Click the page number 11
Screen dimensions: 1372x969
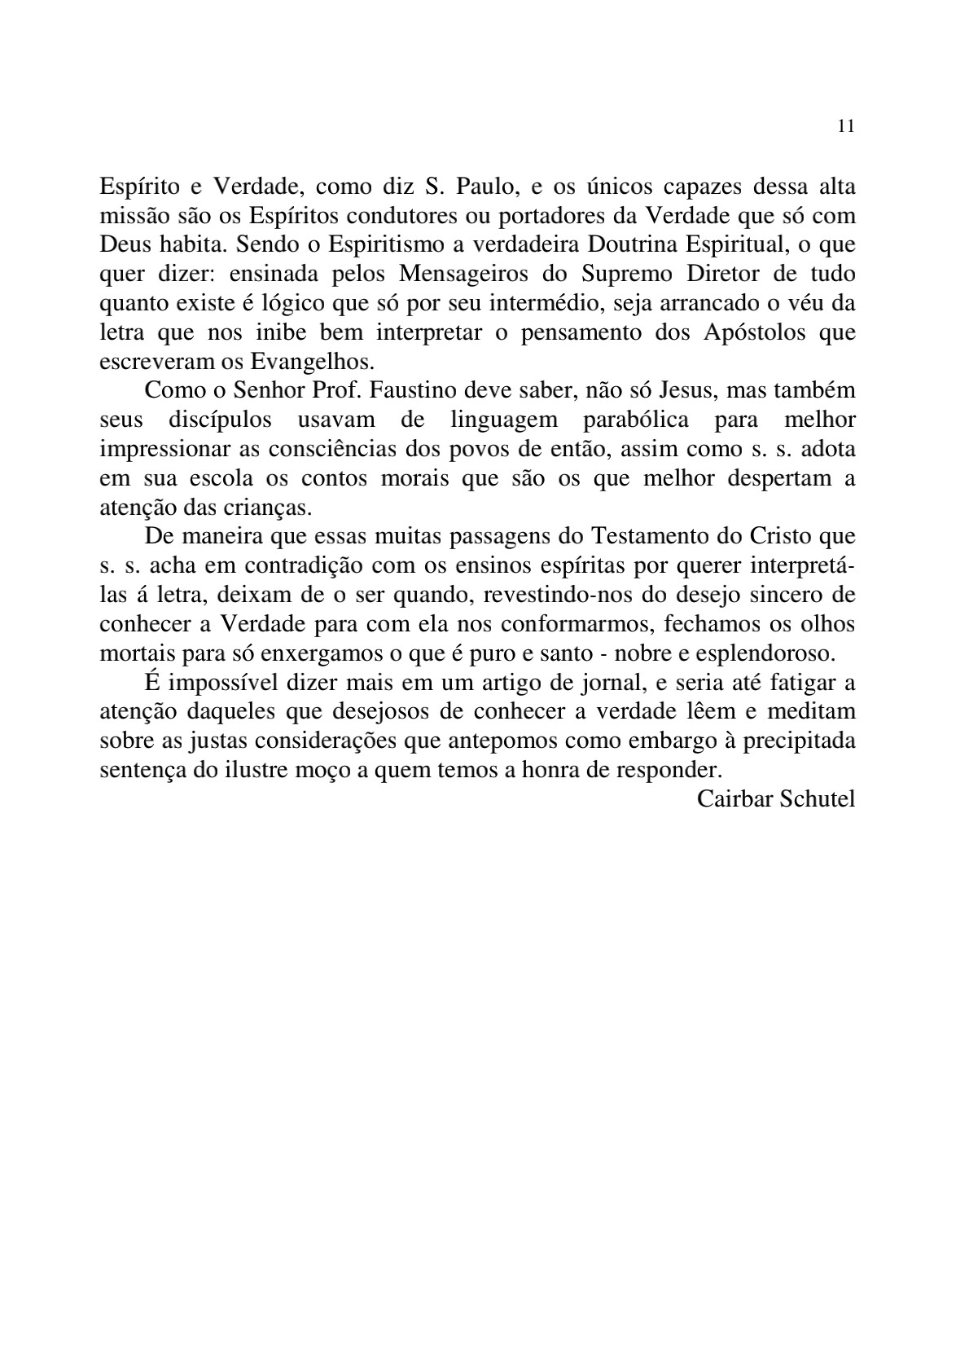click(x=845, y=127)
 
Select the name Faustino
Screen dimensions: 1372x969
click(x=415, y=391)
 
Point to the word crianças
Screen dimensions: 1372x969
click(x=268, y=508)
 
